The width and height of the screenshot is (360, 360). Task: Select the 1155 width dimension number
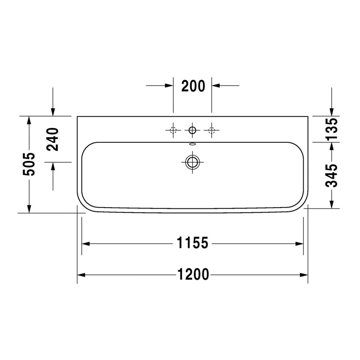click(192, 244)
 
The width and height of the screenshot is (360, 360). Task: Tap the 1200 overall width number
click(193, 275)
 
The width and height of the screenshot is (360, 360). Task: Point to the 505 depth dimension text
click(29, 164)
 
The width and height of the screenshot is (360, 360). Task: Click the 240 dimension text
click(53, 139)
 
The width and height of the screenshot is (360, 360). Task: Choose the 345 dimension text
click(332, 175)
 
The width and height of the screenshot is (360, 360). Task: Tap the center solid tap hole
click(192, 130)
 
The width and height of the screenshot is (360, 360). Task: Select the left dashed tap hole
click(173, 130)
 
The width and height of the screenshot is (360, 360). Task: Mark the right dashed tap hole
click(211, 130)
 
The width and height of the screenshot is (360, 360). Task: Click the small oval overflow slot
click(192, 144)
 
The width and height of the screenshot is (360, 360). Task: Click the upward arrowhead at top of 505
click(29, 120)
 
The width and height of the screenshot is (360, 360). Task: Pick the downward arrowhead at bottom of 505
click(29, 208)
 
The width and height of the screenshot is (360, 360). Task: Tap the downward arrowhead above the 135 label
click(332, 111)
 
